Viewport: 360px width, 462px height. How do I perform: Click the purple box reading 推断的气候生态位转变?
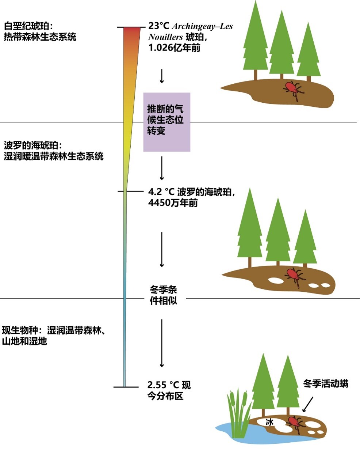(x=167, y=122)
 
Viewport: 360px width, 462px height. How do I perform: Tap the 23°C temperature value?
(x=159, y=26)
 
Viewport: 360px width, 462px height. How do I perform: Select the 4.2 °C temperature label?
(x=161, y=192)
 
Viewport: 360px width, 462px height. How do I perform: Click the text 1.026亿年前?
(x=175, y=48)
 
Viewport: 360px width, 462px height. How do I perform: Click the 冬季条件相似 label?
(x=163, y=295)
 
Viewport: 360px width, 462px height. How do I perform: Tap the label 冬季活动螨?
(x=326, y=384)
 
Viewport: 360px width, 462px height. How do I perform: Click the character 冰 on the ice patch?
(x=269, y=422)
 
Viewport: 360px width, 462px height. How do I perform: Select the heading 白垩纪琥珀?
(x=28, y=26)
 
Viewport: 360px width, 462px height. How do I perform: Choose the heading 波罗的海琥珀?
(x=33, y=146)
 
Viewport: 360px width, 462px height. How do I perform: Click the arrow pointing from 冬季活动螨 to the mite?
(x=308, y=404)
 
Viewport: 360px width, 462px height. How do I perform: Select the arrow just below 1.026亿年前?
(x=162, y=76)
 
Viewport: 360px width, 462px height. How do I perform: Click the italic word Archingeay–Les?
(x=202, y=26)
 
